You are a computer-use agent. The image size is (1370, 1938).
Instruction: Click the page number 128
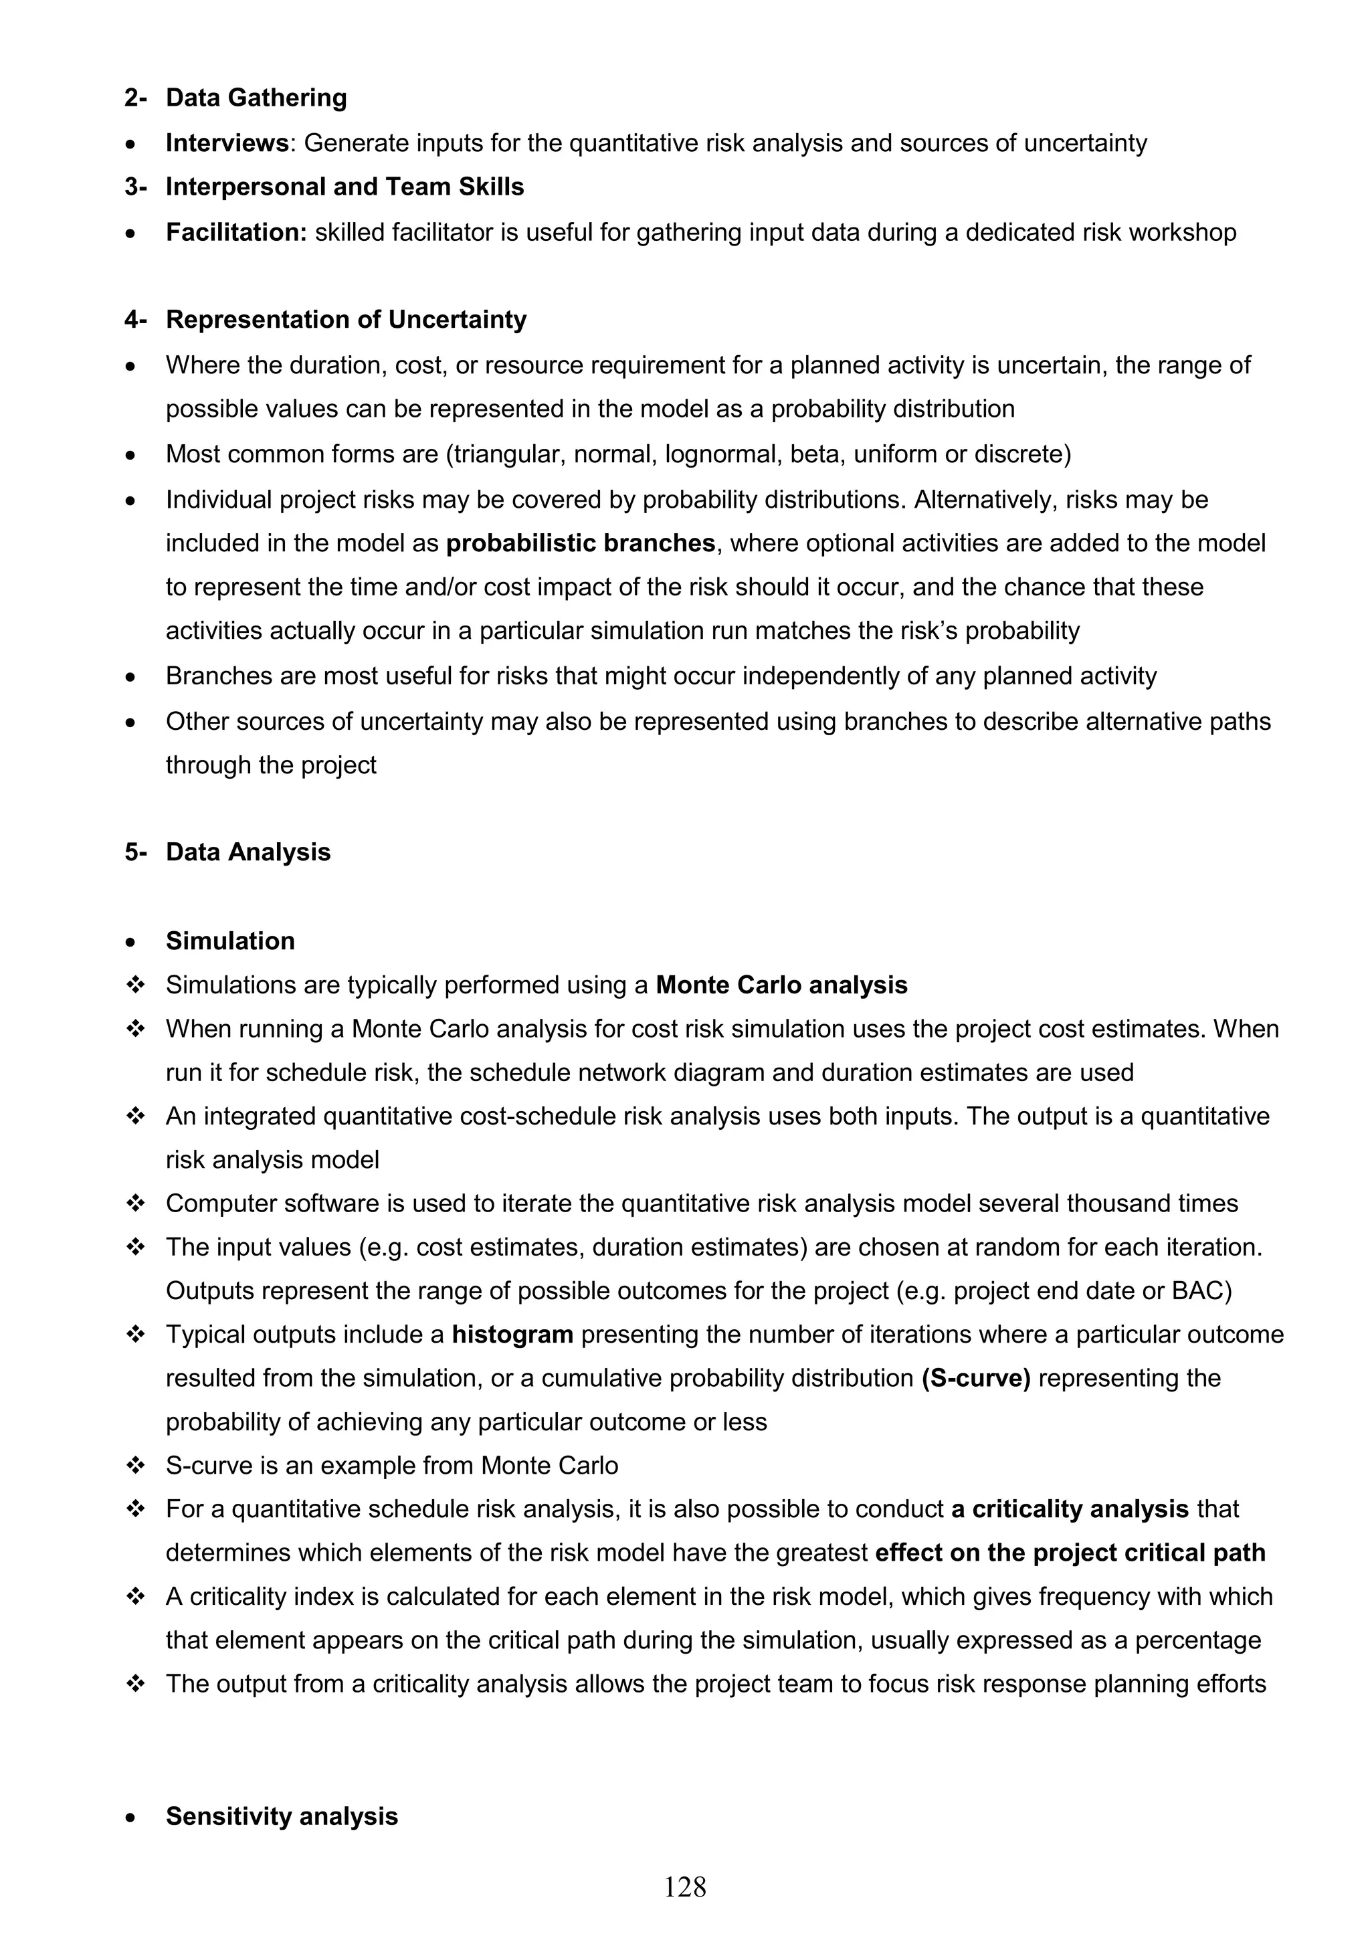coord(684,1910)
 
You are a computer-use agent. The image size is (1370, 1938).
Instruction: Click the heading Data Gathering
coord(256,98)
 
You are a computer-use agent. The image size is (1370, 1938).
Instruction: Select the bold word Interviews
coord(227,143)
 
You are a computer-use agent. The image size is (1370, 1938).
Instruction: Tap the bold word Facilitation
coord(236,232)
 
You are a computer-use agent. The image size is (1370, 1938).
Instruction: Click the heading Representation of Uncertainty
coord(345,320)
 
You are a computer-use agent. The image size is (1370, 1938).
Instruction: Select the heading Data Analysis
coord(248,852)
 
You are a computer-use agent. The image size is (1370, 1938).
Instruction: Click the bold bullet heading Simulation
coord(229,941)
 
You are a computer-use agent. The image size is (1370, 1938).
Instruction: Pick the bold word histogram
coord(512,1335)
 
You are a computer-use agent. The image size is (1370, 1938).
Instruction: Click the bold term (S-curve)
coord(976,1378)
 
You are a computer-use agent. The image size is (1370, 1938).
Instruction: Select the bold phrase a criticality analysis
coord(1070,1509)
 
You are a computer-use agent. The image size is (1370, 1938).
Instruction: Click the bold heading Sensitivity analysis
coord(281,1816)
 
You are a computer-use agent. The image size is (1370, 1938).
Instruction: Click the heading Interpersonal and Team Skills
coord(345,187)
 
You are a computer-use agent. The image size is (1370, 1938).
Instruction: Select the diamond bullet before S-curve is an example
coord(135,1466)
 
